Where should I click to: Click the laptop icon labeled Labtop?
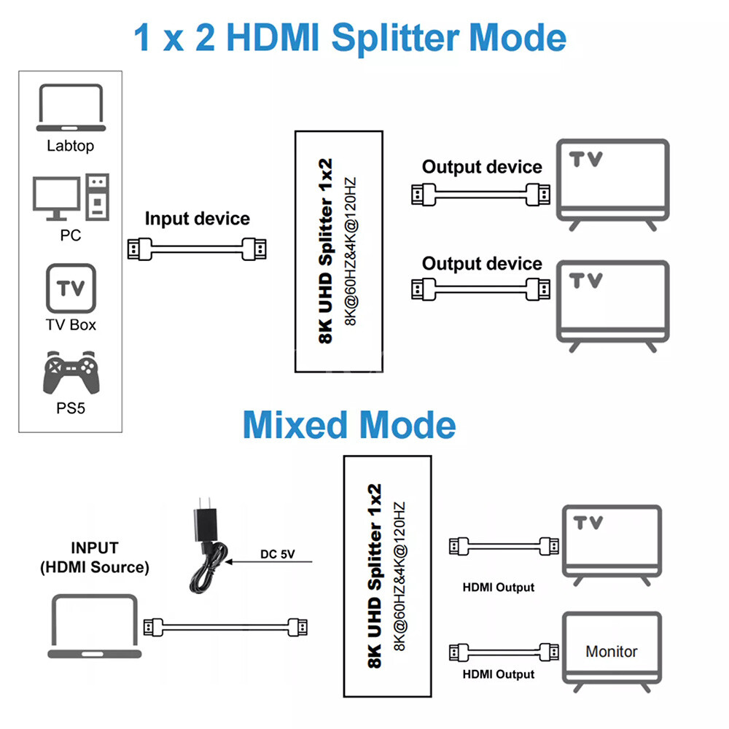point(71,108)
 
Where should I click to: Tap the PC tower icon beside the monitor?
point(98,197)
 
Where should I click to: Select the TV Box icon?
point(71,288)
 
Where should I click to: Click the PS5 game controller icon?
point(71,373)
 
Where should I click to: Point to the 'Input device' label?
point(197,219)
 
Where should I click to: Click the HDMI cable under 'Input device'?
point(197,249)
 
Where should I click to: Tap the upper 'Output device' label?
point(482,167)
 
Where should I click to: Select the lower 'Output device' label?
point(482,264)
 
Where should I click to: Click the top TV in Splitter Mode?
point(613,184)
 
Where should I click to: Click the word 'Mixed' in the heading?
point(295,425)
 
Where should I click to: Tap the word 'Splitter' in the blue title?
point(395,38)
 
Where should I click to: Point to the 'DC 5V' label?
point(278,554)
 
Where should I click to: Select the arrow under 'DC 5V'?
point(269,562)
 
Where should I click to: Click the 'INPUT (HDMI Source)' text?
point(95,558)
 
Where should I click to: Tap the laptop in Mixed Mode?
point(94,625)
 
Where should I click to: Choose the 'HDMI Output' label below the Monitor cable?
point(499,674)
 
